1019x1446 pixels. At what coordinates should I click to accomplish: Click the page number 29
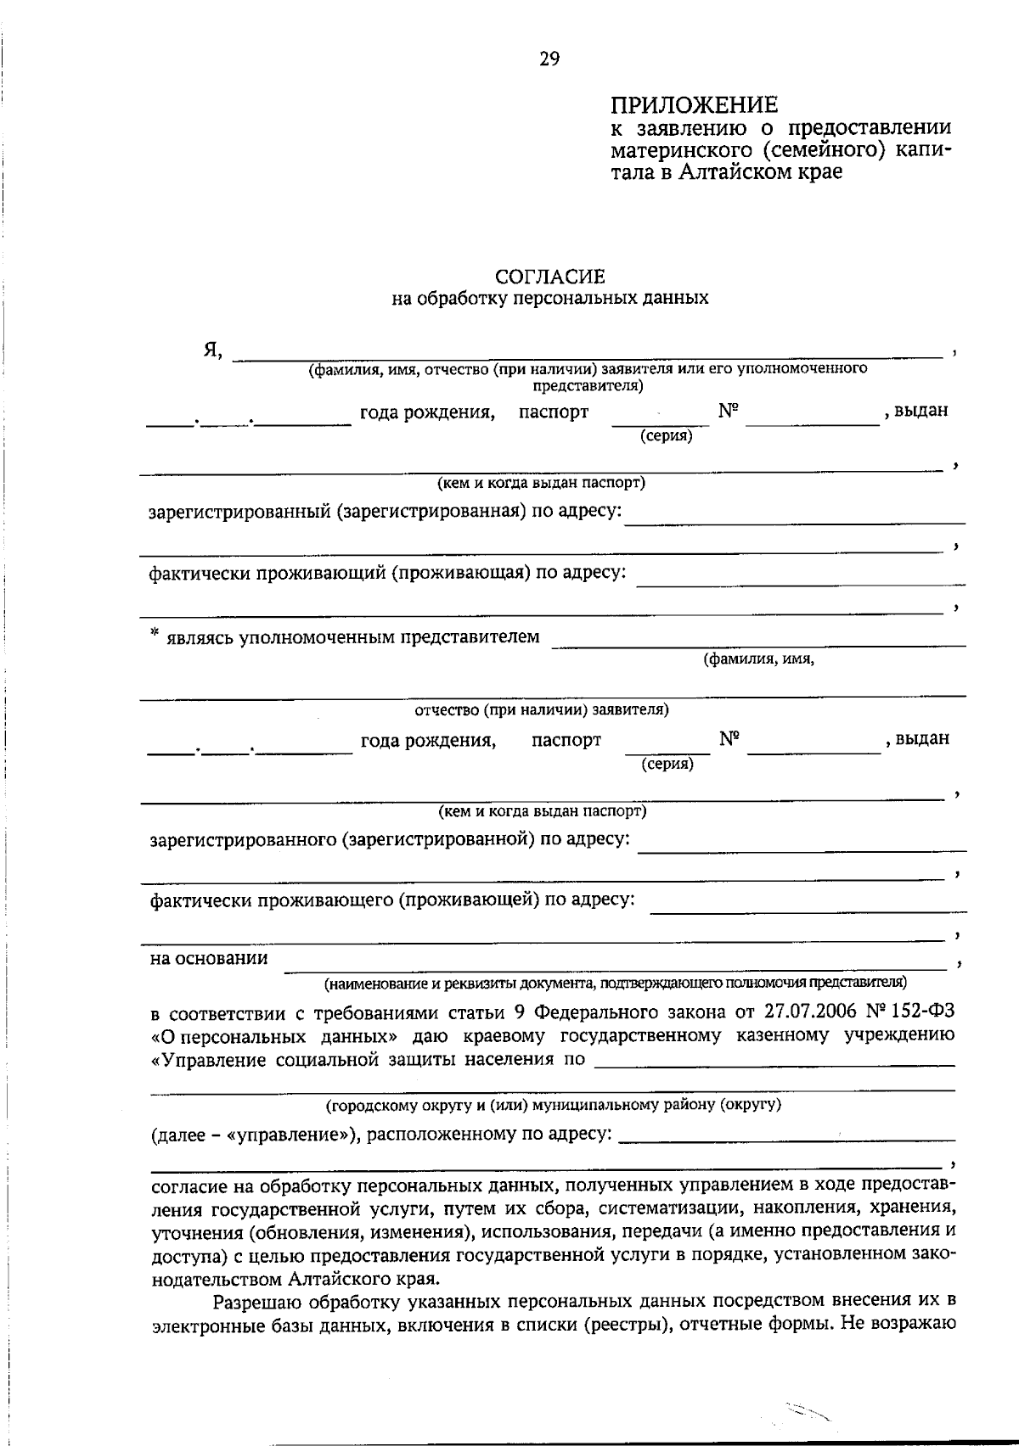tap(549, 59)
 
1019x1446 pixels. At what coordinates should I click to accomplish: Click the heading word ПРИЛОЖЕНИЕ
tap(695, 105)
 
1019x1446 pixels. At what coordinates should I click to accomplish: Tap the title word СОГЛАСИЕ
tap(549, 277)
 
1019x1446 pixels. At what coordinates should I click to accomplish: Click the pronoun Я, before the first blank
tap(212, 350)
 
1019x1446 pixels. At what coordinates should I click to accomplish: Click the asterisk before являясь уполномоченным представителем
tap(155, 633)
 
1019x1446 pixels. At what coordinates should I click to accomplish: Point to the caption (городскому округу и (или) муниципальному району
tap(554, 1105)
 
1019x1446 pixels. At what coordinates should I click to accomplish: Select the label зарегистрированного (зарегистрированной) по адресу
tap(390, 839)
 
